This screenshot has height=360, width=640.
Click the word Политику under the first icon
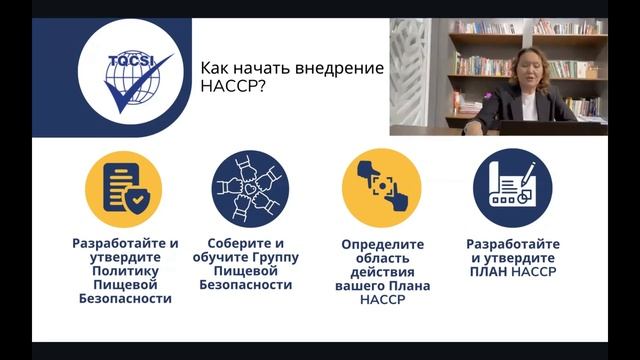coord(125,270)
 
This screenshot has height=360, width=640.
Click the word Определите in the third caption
coord(382,244)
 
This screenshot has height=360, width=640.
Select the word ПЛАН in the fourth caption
coord(489,271)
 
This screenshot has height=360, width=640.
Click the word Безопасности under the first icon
coord(125,298)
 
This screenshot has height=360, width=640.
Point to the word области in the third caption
coord(382,258)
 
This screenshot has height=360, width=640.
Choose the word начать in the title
coord(262,68)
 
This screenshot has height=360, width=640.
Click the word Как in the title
coord(215,68)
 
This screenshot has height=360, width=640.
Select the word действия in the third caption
coord(382,271)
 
